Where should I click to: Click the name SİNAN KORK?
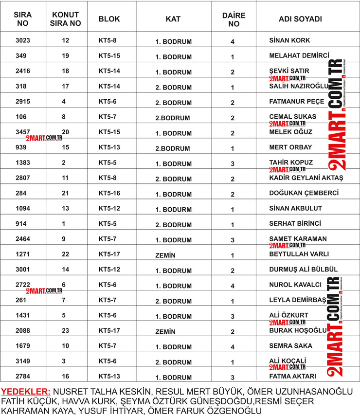coord(289,40)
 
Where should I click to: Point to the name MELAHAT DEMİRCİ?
coord(299,56)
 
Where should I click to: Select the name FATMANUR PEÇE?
coord(296,103)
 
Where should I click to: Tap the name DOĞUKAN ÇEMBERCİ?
coord(304,193)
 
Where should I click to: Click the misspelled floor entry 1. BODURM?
coord(174,209)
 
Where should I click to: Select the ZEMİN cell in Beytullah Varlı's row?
coord(165,255)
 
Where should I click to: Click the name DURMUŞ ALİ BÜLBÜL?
coord(303,270)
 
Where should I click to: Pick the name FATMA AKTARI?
coord(293,376)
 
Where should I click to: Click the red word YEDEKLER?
coord(25,392)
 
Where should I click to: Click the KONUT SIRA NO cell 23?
coord(66,331)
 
